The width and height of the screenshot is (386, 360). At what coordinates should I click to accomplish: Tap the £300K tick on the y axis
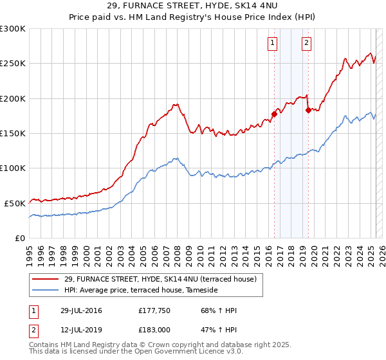coord(12,29)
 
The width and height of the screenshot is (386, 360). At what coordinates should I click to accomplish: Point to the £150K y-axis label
coord(12,133)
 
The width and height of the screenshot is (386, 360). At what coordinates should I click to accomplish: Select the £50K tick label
coord(15,203)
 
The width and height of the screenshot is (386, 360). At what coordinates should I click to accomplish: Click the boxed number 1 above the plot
coord(272,43)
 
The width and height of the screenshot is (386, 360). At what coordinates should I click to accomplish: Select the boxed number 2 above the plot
coord(306,43)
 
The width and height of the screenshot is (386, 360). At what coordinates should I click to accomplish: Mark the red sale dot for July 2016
coord(274,114)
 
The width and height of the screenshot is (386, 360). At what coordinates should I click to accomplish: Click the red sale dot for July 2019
coord(308,111)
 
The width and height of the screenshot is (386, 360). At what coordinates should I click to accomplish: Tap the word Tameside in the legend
coord(203,290)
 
